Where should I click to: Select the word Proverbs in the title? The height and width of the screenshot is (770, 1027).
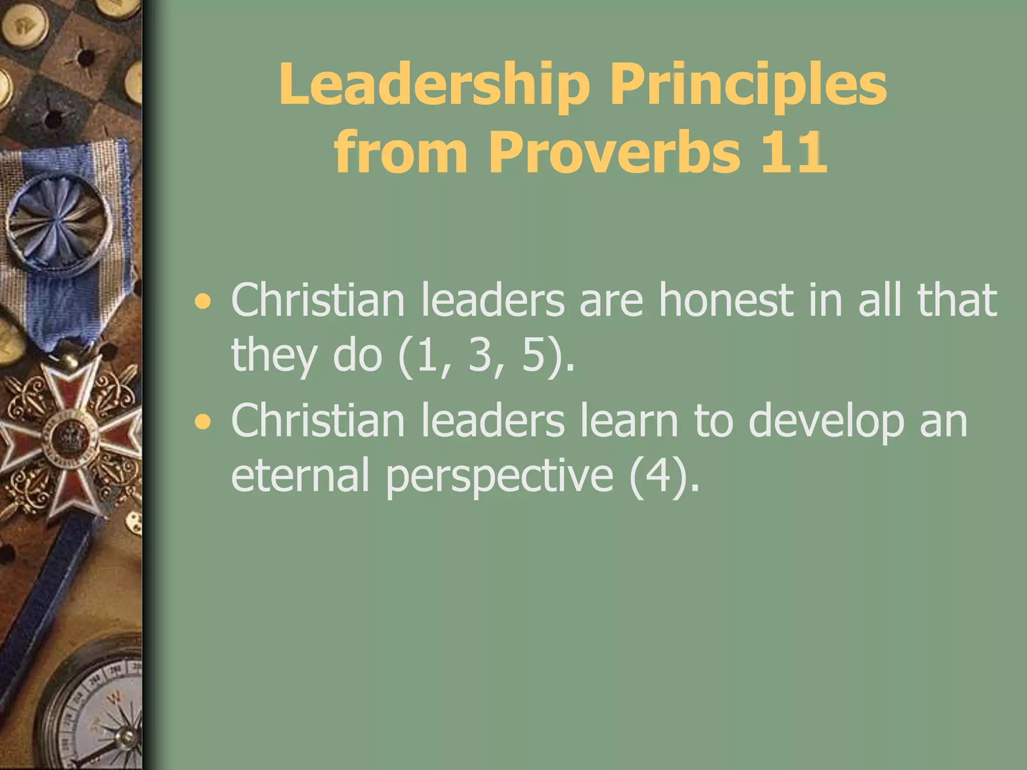tap(615, 152)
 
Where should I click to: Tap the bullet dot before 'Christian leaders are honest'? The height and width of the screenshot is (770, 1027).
tap(203, 302)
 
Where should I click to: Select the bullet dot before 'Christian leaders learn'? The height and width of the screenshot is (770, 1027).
tap(203, 423)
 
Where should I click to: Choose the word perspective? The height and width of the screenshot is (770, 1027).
tap(499, 476)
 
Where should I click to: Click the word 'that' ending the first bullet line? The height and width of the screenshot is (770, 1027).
tap(957, 300)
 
